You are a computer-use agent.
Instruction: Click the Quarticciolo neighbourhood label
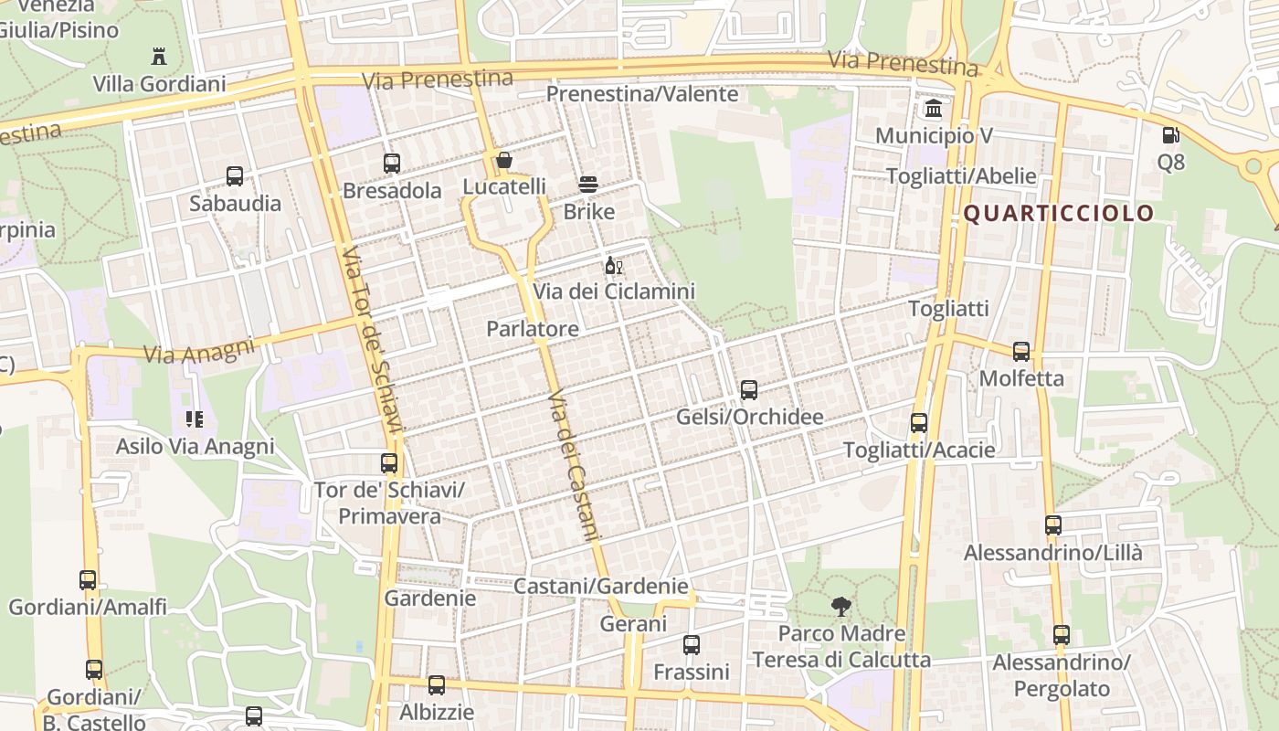[1059, 214]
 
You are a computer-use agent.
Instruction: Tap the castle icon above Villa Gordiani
[159, 56]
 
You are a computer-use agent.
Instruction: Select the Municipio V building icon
[934, 109]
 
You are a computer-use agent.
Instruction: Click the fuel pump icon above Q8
[1170, 136]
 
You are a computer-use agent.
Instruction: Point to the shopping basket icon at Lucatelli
[503, 161]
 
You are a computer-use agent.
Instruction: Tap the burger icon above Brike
[588, 185]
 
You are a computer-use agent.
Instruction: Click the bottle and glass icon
[613, 266]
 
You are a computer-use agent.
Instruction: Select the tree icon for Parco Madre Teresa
[840, 606]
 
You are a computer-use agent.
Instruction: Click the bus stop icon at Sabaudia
[235, 176]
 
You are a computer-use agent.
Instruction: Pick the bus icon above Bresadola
[392, 164]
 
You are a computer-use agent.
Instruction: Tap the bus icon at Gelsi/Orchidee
[749, 390]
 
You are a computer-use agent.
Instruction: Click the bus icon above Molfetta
[1021, 352]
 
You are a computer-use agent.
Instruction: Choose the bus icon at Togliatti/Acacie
[919, 423]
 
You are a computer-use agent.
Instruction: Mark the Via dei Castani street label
[573, 466]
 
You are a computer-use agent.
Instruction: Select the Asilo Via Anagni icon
[194, 419]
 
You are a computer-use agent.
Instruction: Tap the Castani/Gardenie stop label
[600, 586]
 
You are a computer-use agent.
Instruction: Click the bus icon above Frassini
[692, 645]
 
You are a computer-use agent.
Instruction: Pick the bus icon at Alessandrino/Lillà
[1053, 525]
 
